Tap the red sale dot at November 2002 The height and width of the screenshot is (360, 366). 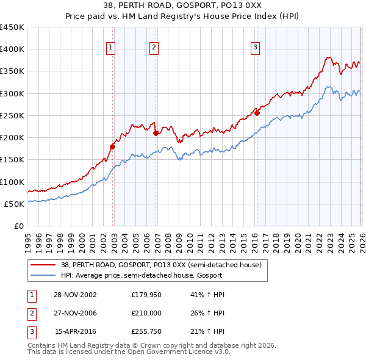click(112, 146)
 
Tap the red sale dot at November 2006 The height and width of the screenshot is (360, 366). click(156, 133)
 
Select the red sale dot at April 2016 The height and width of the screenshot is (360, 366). click(257, 113)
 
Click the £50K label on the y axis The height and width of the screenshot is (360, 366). click(14, 204)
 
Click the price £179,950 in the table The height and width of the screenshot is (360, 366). click(145, 294)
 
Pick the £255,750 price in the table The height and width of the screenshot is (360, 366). click(145, 332)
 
